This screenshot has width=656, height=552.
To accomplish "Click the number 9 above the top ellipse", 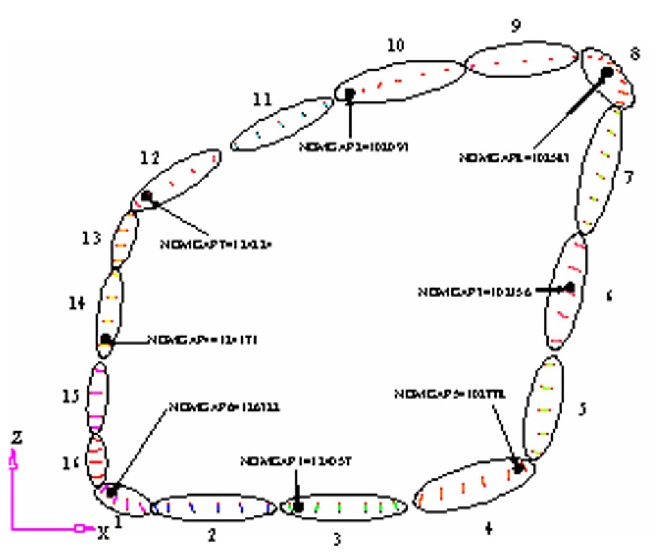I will [x=515, y=26].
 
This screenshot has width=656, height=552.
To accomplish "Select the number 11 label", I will [x=263, y=100].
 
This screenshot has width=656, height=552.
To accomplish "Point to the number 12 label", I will [x=150, y=158].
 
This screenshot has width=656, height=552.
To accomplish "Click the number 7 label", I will [x=628, y=178].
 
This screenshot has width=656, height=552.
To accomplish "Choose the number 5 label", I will [x=582, y=408].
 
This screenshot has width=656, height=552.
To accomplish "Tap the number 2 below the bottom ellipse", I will [x=212, y=534].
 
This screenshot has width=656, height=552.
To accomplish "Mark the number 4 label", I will [x=489, y=528].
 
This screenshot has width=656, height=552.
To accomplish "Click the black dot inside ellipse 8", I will [x=607, y=71].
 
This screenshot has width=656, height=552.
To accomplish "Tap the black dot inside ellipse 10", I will [x=349, y=94].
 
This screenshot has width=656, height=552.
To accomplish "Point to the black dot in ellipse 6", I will [x=569, y=287].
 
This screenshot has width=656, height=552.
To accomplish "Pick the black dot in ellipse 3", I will [x=298, y=508].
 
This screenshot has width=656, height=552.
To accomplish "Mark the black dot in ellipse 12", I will [x=146, y=197].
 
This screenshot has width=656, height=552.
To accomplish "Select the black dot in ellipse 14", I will [x=105, y=339].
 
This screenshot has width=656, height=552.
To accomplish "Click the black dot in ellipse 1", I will [x=112, y=490].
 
